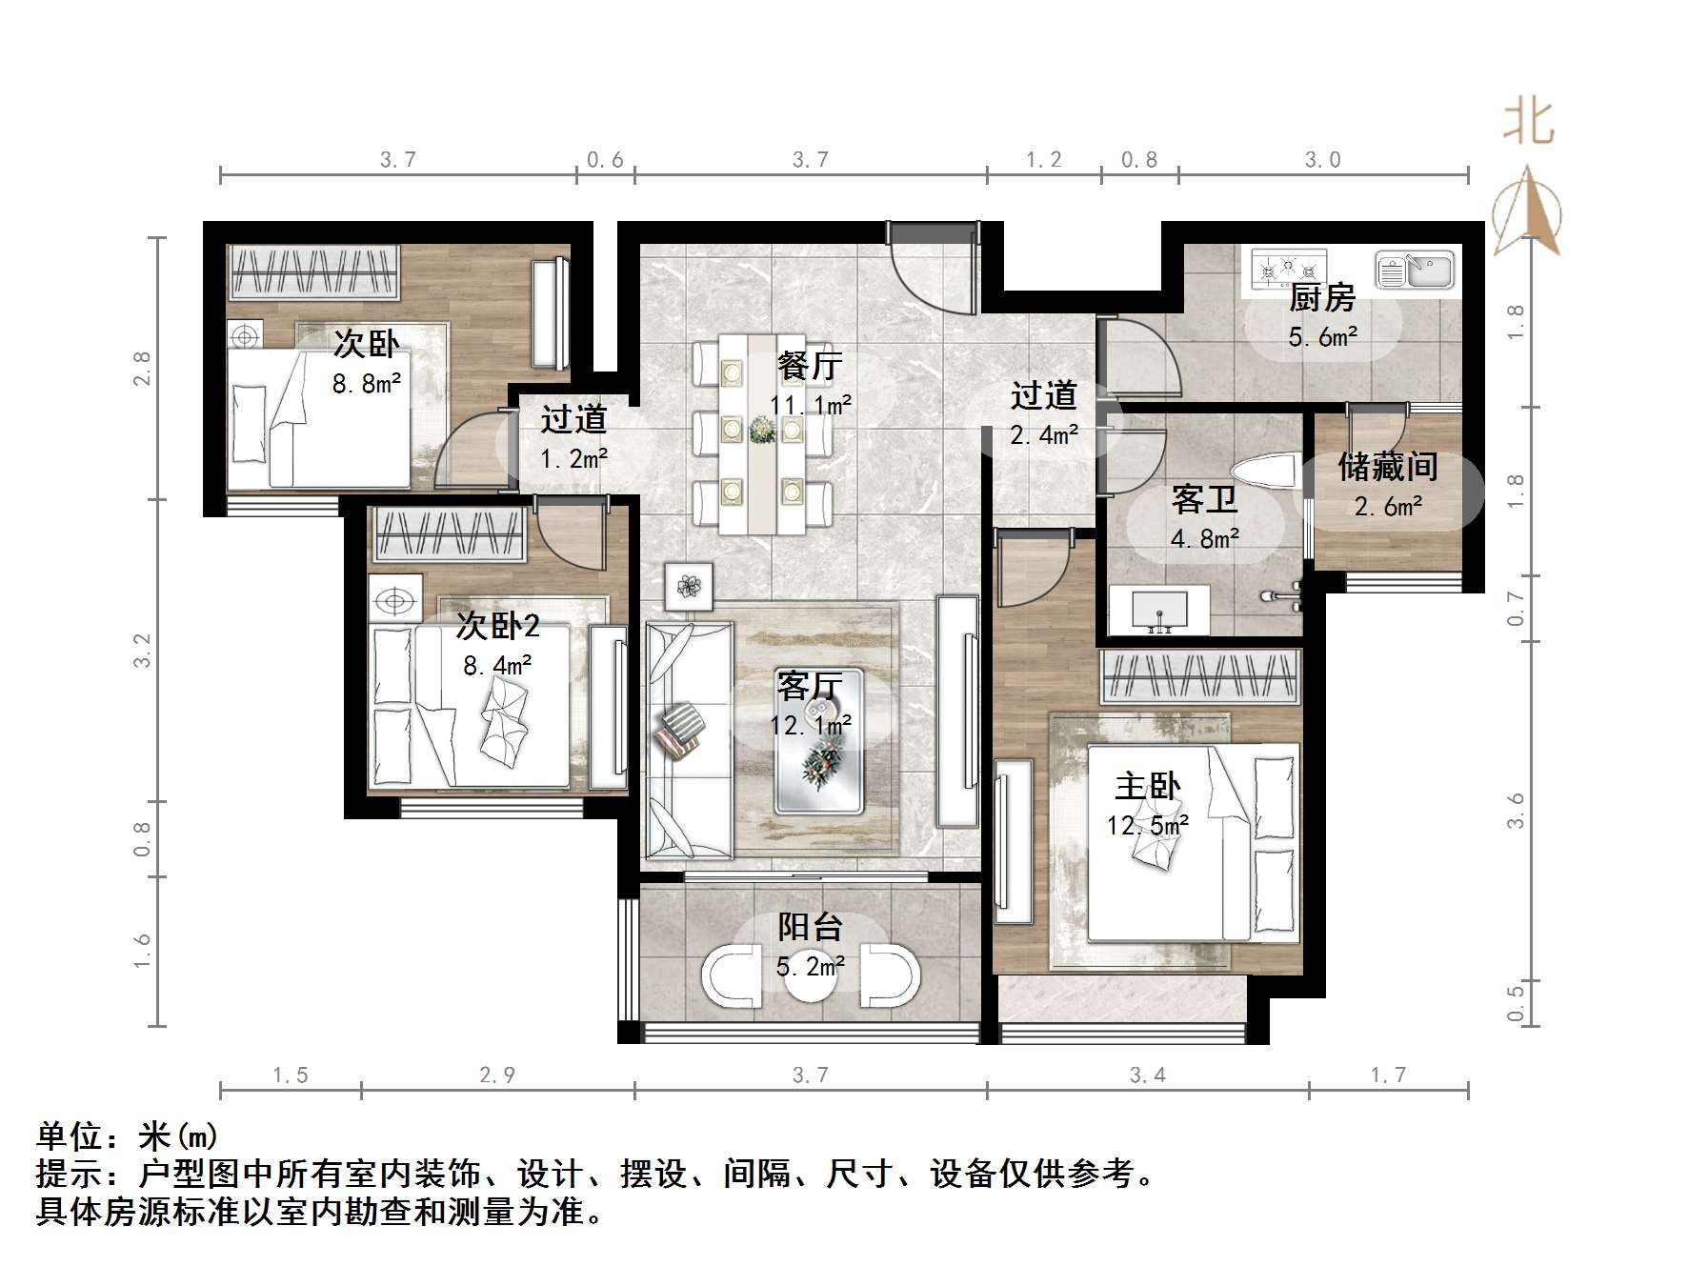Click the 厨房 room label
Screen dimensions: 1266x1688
click(x=1322, y=298)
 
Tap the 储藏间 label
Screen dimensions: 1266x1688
click(x=1388, y=467)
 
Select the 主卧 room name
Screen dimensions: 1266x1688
click(x=1147, y=786)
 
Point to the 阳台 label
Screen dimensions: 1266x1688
click(x=810, y=927)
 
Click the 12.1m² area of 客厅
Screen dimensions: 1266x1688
click(x=811, y=726)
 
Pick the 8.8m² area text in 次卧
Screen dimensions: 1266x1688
click(x=366, y=384)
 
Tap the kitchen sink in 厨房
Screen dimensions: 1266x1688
click(x=1415, y=270)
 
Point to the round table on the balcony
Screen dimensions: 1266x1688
click(x=810, y=975)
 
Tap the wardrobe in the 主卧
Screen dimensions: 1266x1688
click(x=1200, y=676)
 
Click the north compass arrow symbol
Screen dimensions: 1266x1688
click(x=1527, y=212)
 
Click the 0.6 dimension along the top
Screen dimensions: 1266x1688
click(x=605, y=160)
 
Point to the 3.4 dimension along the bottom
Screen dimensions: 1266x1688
click(x=1147, y=1075)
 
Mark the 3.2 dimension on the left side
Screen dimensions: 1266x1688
click(x=142, y=650)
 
